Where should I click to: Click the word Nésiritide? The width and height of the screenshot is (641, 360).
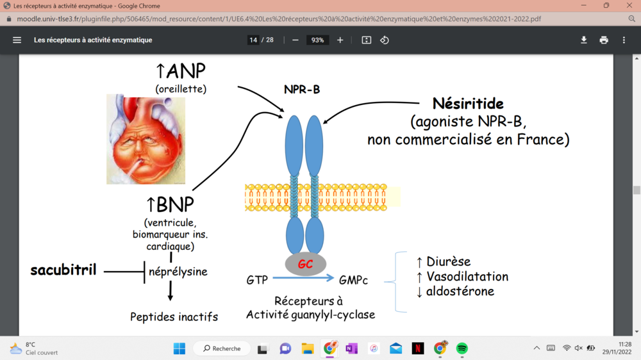coord(467,104)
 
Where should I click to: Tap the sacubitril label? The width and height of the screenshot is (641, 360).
coord(63,270)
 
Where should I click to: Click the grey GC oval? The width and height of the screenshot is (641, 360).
coord(305,264)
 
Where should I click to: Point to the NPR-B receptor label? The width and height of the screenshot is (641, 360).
coord(302,90)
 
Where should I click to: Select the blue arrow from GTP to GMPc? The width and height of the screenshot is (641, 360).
coord(303,278)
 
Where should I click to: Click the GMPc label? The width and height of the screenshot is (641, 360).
coord(354,280)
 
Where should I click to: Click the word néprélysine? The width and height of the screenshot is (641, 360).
coord(178,272)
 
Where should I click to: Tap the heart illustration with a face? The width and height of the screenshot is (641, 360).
coord(145,139)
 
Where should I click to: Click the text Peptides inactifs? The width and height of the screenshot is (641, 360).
coord(174,316)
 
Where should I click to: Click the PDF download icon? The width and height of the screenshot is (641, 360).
coord(584,40)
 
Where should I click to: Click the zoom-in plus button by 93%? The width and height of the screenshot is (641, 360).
coord(340,40)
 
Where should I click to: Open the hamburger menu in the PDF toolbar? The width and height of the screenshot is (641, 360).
coord(17,40)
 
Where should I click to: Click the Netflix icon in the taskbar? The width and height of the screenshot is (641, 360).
coord(418,348)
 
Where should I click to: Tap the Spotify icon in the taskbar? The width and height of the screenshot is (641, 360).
coord(462,348)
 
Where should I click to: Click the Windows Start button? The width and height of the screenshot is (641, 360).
coord(179,348)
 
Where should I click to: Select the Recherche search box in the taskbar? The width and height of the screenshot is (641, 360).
coord(222,348)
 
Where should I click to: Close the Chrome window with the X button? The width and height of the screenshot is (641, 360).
coord(629,6)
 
